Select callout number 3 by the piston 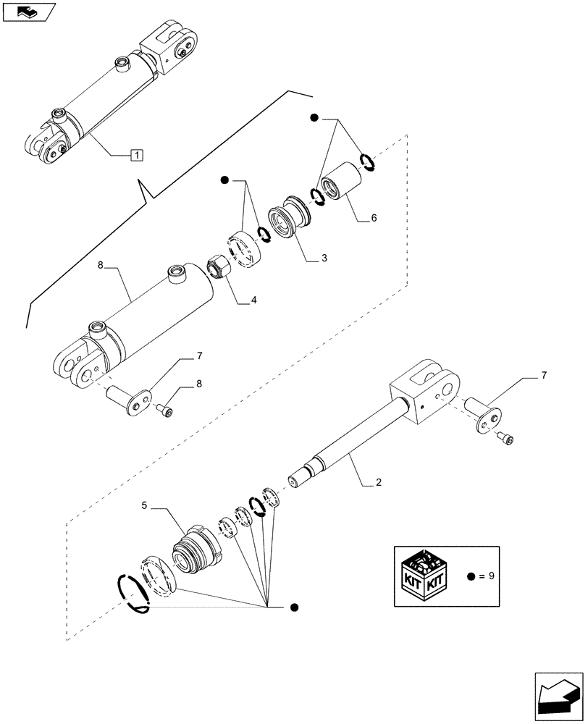click(x=324, y=258)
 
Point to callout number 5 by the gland click(x=144, y=507)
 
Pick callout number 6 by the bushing click(x=374, y=217)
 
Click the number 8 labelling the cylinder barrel click(x=101, y=266)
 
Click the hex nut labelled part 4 click(x=217, y=266)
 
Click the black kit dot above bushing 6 click(x=314, y=117)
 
